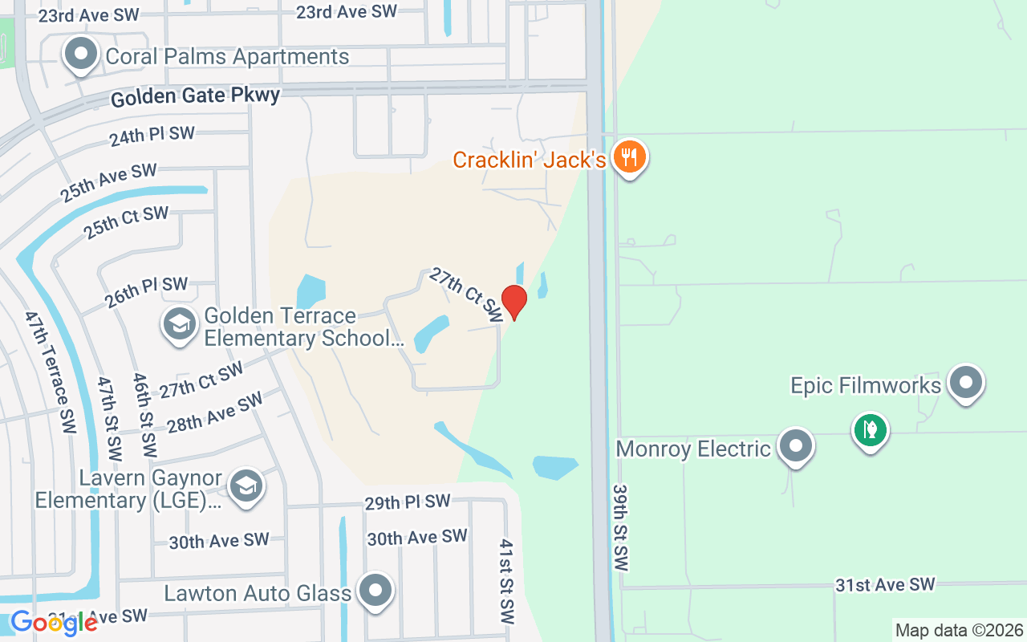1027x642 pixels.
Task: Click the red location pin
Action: tap(513, 301)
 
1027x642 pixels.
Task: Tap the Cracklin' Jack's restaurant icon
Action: tap(630, 156)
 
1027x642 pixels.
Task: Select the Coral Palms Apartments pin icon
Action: tap(80, 55)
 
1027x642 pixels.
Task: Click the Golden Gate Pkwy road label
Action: tap(195, 97)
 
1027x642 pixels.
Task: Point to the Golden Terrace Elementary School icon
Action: tap(179, 324)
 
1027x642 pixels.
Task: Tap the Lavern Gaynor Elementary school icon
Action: tap(246, 486)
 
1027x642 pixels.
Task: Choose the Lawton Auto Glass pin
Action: tap(375, 591)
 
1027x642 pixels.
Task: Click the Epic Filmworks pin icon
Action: tap(965, 383)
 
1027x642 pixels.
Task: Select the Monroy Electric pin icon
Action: tap(796, 445)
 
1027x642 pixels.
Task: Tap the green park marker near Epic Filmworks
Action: tap(870, 430)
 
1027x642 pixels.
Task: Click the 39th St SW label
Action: tap(619, 527)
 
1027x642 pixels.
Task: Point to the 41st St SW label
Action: tap(505, 582)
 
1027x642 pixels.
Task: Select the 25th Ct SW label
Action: tap(126, 222)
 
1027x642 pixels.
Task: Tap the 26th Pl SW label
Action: tap(145, 292)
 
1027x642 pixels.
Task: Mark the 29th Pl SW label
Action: tap(408, 502)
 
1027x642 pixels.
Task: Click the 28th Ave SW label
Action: tap(215, 412)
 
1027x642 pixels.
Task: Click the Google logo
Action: tap(53, 623)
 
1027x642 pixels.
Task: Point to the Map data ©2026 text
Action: tap(960, 630)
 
